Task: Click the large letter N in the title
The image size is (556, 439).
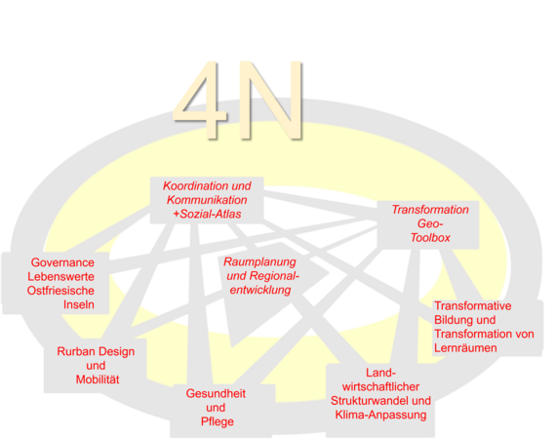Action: click(271, 100)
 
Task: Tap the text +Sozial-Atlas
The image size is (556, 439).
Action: click(207, 214)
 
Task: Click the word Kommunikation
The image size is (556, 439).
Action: click(207, 200)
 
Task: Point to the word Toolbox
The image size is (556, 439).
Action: click(430, 238)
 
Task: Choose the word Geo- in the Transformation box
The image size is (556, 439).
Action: click(430, 223)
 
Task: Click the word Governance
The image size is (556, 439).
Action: click(62, 262)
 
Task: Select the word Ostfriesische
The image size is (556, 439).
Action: click(60, 291)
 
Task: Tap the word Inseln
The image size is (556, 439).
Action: click(79, 304)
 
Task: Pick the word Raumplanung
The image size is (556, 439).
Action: click(259, 262)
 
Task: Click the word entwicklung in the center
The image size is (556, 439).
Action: click(260, 290)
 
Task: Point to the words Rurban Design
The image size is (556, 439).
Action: click(96, 351)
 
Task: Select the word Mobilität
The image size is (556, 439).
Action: click(98, 379)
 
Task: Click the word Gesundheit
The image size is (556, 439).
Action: click(216, 393)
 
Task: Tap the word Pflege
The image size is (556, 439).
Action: click(217, 421)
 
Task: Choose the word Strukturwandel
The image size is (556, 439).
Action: click(371, 401)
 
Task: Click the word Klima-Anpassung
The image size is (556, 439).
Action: click(380, 415)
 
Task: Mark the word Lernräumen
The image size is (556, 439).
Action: click(465, 348)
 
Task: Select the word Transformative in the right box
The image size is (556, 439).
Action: click(473, 305)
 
